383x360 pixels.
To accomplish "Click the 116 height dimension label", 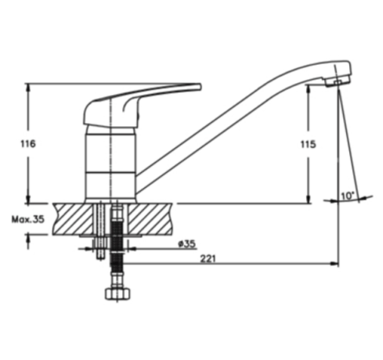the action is (28, 144).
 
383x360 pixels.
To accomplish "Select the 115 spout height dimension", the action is (308, 144).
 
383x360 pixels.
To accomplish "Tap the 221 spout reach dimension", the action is (208, 258).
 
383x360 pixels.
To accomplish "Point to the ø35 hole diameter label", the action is (186, 244).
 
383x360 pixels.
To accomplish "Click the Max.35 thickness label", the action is (28, 219).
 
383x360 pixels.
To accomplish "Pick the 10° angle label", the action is (348, 196).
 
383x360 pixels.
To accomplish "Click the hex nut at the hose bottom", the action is (117, 293).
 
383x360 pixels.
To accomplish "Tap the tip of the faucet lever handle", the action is (200, 87).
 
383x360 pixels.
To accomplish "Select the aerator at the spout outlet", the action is (338, 82).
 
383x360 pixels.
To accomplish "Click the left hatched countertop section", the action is (73, 219).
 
